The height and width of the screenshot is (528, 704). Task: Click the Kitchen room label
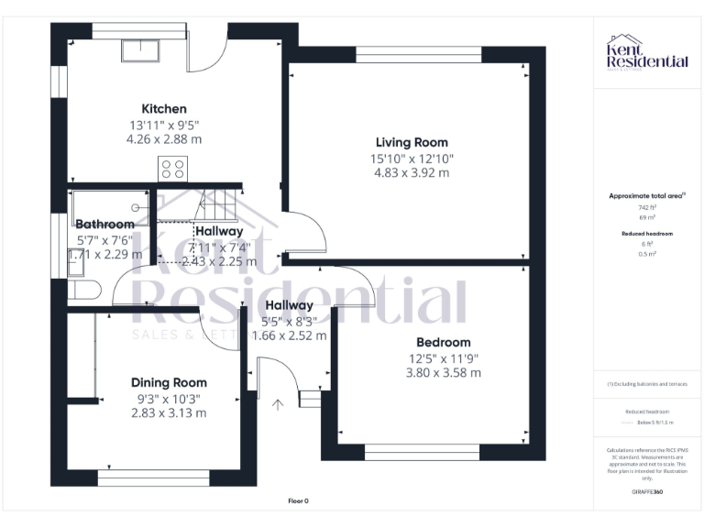point(163,108)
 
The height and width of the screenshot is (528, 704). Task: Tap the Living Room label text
point(412,142)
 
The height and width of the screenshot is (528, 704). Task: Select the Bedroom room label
point(445,342)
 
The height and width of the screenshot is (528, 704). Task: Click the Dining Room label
point(169,382)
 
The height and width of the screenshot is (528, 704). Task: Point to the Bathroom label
point(104,224)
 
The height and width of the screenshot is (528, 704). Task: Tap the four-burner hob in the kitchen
point(172,168)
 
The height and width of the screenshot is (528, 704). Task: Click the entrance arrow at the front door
point(278,402)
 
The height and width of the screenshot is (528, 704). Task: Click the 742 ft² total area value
point(647,208)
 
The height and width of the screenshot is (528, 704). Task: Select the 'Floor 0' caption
point(298,500)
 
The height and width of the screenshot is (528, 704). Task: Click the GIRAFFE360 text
point(647,492)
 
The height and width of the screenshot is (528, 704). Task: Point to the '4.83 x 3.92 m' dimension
point(412,173)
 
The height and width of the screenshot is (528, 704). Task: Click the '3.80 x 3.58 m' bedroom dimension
point(445,373)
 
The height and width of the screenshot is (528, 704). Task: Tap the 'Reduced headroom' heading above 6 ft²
point(647,234)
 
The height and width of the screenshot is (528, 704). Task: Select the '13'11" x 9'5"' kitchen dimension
point(163,125)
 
